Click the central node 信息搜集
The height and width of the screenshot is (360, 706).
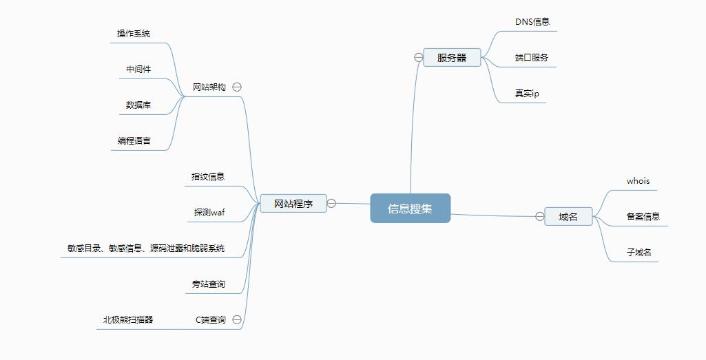pyautogui.click(x=410, y=209)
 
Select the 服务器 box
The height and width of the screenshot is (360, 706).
pyautogui.click(x=452, y=58)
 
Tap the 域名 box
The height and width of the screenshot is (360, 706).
pyautogui.click(x=568, y=217)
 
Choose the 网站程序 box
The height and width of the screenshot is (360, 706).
pyautogui.click(x=293, y=204)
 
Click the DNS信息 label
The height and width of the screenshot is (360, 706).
pyautogui.click(x=532, y=21)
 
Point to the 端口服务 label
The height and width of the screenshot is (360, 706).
pyautogui.click(x=532, y=58)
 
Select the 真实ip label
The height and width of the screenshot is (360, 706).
pyautogui.click(x=527, y=94)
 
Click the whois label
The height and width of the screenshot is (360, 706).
pyautogui.click(x=638, y=181)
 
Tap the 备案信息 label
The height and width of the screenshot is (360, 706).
pyautogui.click(x=643, y=216)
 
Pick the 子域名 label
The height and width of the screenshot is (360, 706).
pyautogui.click(x=638, y=253)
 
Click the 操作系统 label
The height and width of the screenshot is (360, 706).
pyautogui.click(x=134, y=34)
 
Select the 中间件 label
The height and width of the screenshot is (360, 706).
pyautogui.click(x=138, y=70)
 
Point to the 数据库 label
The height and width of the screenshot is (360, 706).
pyautogui.click(x=138, y=105)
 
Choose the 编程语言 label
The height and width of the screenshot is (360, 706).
pyautogui.click(x=134, y=141)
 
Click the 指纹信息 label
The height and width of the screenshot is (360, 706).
pyautogui.click(x=208, y=176)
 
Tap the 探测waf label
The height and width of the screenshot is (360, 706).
pyautogui.click(x=209, y=212)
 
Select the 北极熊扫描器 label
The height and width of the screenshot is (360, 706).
pyautogui.click(x=128, y=319)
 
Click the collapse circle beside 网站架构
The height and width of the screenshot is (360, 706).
pyautogui.click(x=237, y=87)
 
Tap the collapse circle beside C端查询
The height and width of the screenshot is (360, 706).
pyautogui.click(x=237, y=319)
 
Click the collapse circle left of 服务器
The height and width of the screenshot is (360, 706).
pyautogui.click(x=418, y=58)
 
